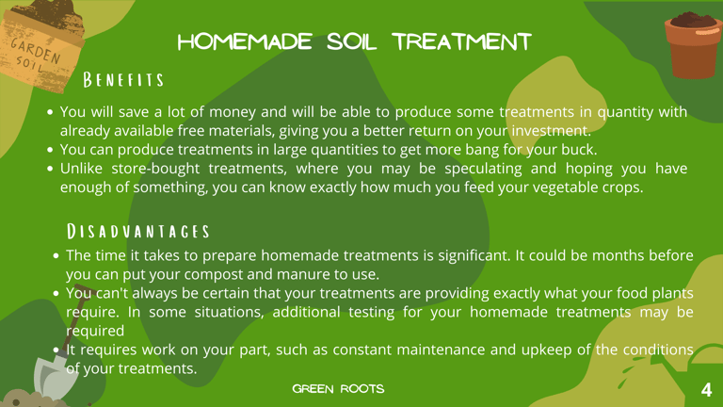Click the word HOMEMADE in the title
pyautogui.click(x=245, y=42)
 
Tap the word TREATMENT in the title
pyautogui.click(x=462, y=42)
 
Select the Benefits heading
pyautogui.click(x=123, y=80)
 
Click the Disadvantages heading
pyautogui.click(x=137, y=231)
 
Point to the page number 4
pyautogui.click(x=706, y=390)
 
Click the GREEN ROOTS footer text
pyautogui.click(x=338, y=389)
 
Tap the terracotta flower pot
pyautogui.click(x=693, y=45)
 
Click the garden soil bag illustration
pyautogui.click(x=40, y=45)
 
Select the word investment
pyautogui.click(x=551, y=131)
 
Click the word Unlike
pyautogui.click(x=81, y=169)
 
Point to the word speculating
pyautogui.click(x=483, y=169)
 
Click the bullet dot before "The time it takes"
pyautogui.click(x=56, y=255)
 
